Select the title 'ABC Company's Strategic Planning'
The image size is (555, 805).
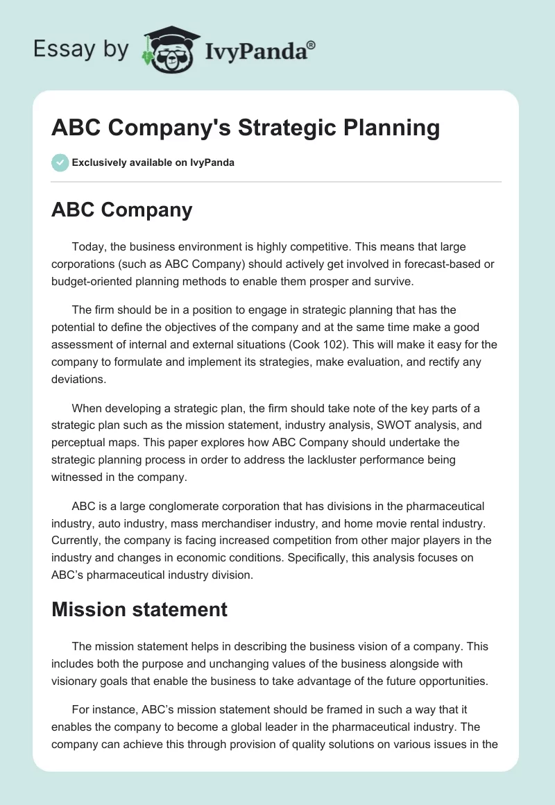(246, 128)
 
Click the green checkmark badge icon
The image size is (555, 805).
(60, 162)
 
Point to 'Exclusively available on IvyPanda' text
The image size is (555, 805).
(153, 163)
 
